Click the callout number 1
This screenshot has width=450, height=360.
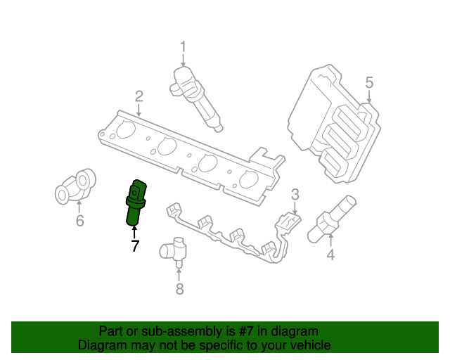183,48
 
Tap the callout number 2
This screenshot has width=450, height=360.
139,96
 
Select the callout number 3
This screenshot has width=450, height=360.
295,195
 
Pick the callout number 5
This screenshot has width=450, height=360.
369,84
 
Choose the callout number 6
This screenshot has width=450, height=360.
79,221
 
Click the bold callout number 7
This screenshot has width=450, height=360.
134,245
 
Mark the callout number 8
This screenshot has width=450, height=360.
179,288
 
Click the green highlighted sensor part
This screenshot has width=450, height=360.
134,202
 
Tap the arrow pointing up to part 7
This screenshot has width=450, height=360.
134,231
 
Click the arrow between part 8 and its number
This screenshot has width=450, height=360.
179,271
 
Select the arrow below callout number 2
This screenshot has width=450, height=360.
139,109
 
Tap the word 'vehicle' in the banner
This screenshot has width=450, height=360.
309,345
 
